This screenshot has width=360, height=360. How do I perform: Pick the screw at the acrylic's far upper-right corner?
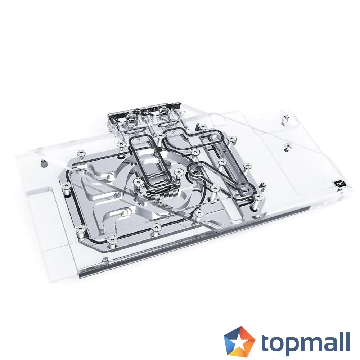point(286,117)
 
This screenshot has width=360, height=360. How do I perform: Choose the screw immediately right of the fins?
point(178,172)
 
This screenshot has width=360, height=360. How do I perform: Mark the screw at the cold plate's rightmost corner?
point(258,197)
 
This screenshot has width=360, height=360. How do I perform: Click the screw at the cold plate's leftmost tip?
point(66,186)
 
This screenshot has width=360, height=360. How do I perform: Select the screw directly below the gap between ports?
point(159,135)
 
